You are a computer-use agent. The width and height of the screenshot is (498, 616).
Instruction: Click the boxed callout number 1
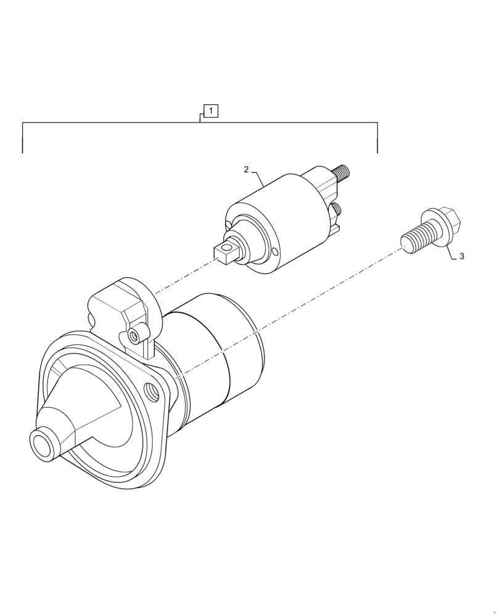[x=211, y=111]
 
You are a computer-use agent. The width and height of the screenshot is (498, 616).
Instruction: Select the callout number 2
[x=246, y=169]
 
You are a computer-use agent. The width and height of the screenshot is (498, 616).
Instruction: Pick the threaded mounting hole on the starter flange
[x=149, y=389]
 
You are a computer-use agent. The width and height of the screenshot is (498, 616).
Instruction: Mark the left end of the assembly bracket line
[x=23, y=152]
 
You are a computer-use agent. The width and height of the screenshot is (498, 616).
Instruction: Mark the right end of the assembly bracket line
[x=377, y=152]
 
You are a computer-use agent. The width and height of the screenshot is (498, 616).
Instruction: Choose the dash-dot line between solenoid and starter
[x=185, y=277]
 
